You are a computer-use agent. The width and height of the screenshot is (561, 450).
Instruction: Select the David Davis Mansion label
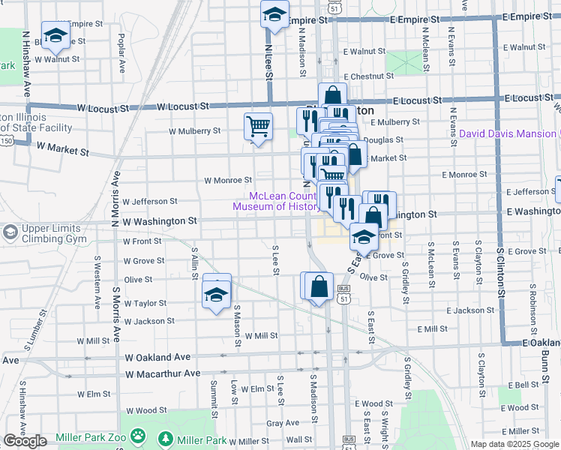click(508, 133)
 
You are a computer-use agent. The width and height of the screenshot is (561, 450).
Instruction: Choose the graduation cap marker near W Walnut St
click(55, 35)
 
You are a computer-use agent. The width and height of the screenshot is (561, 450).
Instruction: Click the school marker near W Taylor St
click(217, 294)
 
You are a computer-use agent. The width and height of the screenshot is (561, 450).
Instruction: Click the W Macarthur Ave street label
click(163, 373)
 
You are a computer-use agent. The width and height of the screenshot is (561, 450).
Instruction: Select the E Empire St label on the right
click(532, 16)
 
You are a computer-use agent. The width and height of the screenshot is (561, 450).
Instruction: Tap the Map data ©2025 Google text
click(515, 444)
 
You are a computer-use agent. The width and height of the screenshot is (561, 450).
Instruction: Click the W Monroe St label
click(228, 180)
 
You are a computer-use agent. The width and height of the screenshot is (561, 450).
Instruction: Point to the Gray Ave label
click(282, 423)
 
